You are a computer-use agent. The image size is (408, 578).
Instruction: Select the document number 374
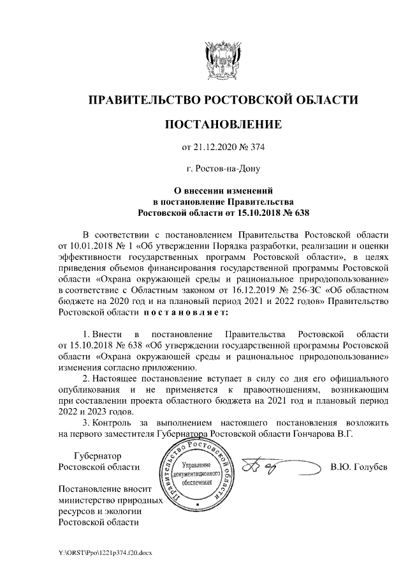coord(256,148)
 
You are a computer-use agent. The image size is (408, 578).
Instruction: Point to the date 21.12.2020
coord(216,148)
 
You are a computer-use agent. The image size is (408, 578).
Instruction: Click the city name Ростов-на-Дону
coord(222,169)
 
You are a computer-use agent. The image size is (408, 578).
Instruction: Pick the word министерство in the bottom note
coord(85,501)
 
